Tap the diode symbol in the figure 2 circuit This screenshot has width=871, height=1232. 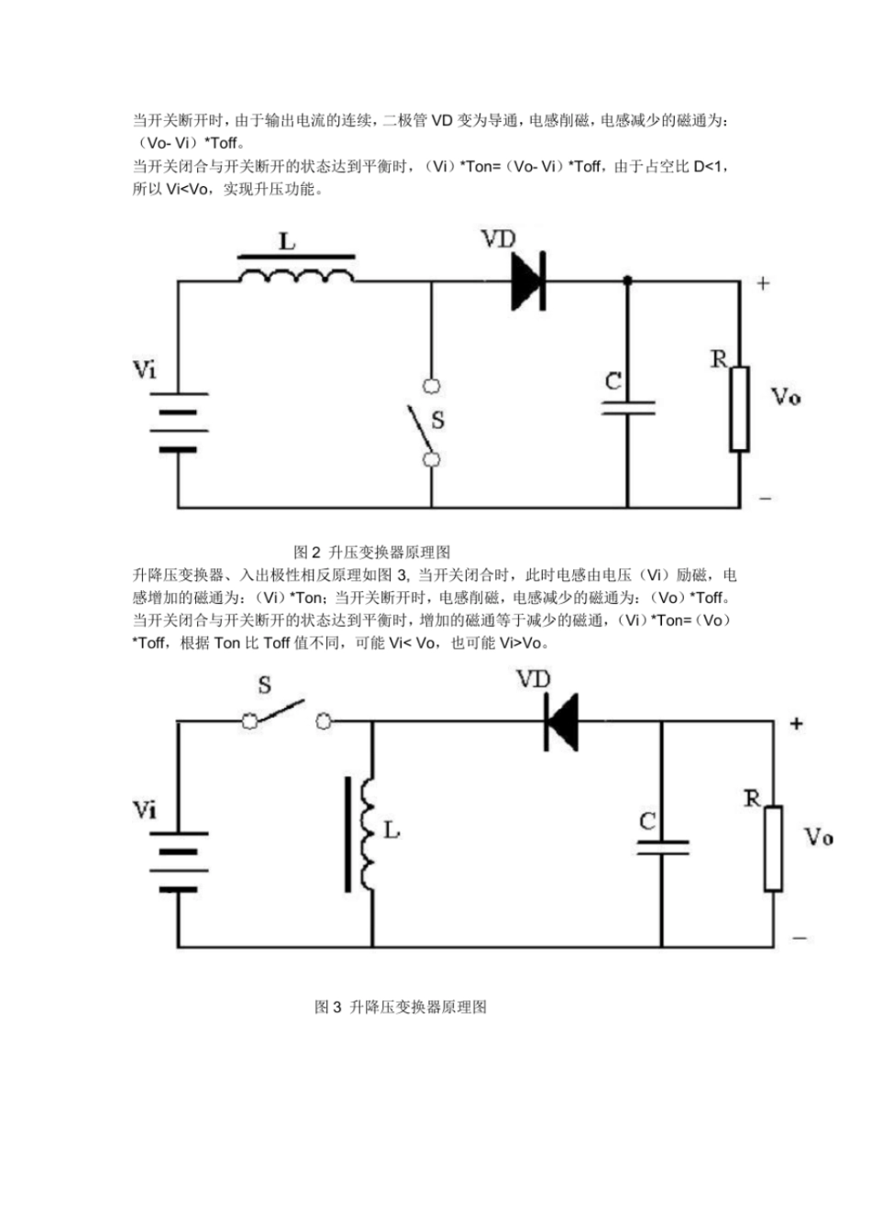[529, 281]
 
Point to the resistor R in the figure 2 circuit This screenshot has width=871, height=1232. [739, 409]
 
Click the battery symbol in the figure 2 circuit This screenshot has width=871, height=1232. [178, 422]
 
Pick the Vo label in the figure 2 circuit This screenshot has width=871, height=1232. [786, 397]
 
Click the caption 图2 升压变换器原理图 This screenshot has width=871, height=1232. [371, 552]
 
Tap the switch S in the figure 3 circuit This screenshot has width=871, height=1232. [284, 715]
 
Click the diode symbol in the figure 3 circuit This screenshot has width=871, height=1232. [560, 721]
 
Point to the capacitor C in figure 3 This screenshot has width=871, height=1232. [662, 845]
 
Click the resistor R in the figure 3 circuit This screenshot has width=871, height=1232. [773, 848]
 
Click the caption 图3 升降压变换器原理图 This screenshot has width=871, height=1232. [401, 1006]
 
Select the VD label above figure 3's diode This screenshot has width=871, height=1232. [534, 679]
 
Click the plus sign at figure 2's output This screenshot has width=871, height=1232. [763, 283]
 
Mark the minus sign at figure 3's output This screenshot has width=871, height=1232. [799, 938]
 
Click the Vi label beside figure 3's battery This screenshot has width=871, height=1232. [145, 810]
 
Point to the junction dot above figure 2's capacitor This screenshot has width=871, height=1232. [628, 280]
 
